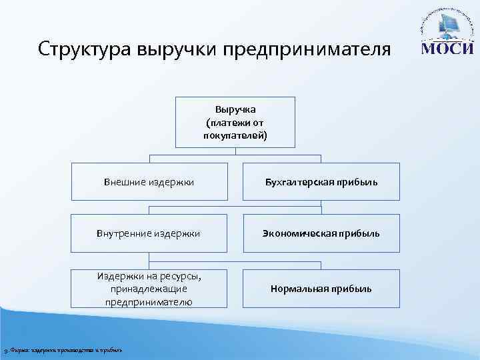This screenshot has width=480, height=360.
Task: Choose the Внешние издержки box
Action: click(x=149, y=181)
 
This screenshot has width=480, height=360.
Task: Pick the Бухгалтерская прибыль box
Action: click(x=321, y=181)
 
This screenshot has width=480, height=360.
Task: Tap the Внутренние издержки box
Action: click(x=149, y=233)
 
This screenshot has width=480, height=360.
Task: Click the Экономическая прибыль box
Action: click(x=321, y=233)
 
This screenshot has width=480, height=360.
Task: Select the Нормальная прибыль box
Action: click(x=321, y=289)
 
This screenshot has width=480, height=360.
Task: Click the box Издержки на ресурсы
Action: click(x=149, y=289)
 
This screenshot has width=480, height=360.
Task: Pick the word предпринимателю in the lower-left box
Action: click(x=149, y=302)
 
